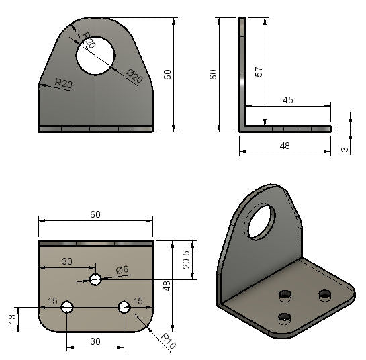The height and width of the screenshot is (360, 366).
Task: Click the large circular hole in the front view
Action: [x=95, y=55]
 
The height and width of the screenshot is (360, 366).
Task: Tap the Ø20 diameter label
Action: [x=134, y=78]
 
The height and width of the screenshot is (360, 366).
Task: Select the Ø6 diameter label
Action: [x=122, y=269]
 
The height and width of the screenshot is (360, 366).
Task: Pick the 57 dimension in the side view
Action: [x=257, y=72]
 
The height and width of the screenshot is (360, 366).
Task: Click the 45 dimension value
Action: [x=287, y=99]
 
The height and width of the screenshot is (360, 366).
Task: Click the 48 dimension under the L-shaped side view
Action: [x=285, y=145]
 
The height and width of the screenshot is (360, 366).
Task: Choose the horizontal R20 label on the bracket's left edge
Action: [x=64, y=83]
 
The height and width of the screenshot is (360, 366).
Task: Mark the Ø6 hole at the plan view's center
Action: [x=95, y=279]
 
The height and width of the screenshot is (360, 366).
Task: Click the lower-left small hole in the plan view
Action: [x=66, y=307]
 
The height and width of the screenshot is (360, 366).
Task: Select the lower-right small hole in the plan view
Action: [x=124, y=307]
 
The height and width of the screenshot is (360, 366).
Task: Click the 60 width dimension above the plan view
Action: [x=95, y=214]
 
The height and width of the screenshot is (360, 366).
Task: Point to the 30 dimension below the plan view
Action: [x=95, y=341]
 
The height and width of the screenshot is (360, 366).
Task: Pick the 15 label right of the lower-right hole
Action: [x=139, y=300]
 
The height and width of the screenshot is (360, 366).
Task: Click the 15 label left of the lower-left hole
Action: [x=52, y=300]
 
